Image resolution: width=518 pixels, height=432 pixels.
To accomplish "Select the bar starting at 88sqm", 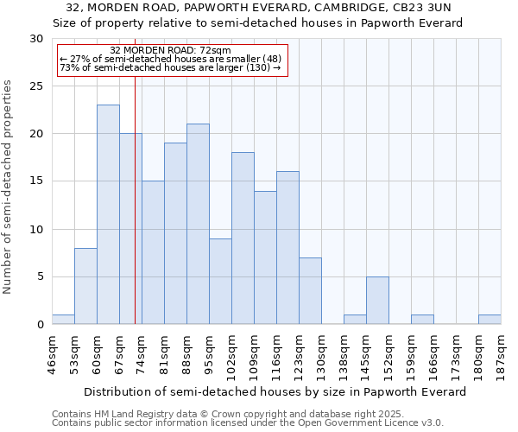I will pos(198,224).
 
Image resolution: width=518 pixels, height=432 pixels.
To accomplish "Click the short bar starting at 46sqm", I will pos(63,320).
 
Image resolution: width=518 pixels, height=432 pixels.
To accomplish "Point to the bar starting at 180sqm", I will pos(490,320).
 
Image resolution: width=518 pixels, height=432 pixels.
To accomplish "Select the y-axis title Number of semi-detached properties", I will pos(9,187).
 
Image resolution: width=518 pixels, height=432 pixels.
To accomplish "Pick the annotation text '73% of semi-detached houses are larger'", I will pos(171,68).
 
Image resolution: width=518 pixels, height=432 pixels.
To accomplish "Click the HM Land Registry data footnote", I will pos(228,414).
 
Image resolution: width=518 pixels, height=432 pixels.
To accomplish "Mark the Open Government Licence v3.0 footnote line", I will pos(248,423).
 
